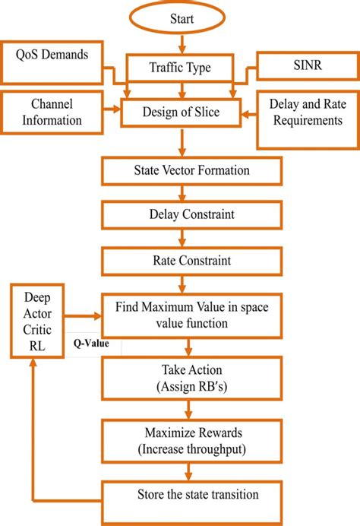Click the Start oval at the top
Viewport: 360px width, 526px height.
click(x=180, y=18)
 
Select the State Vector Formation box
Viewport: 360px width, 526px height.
click(x=180, y=170)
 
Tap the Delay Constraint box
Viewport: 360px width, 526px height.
click(x=180, y=214)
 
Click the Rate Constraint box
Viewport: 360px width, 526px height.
click(x=180, y=260)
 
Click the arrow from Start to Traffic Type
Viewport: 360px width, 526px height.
click(x=180, y=43)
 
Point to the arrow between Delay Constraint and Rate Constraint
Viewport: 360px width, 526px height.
click(x=180, y=237)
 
